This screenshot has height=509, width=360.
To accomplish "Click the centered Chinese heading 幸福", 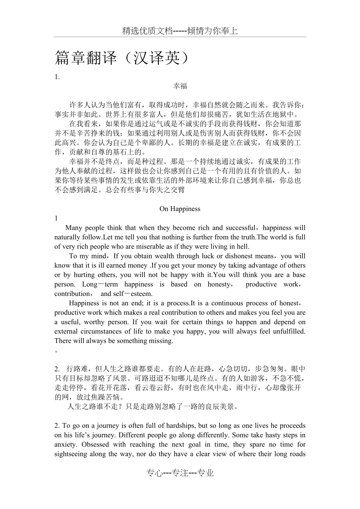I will click(x=180, y=86).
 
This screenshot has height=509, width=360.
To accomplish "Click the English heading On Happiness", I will click(x=180, y=209).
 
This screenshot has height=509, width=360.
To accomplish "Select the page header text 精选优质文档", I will click(x=148, y=31).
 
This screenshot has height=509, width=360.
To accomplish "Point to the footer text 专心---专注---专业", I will click(x=180, y=473).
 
